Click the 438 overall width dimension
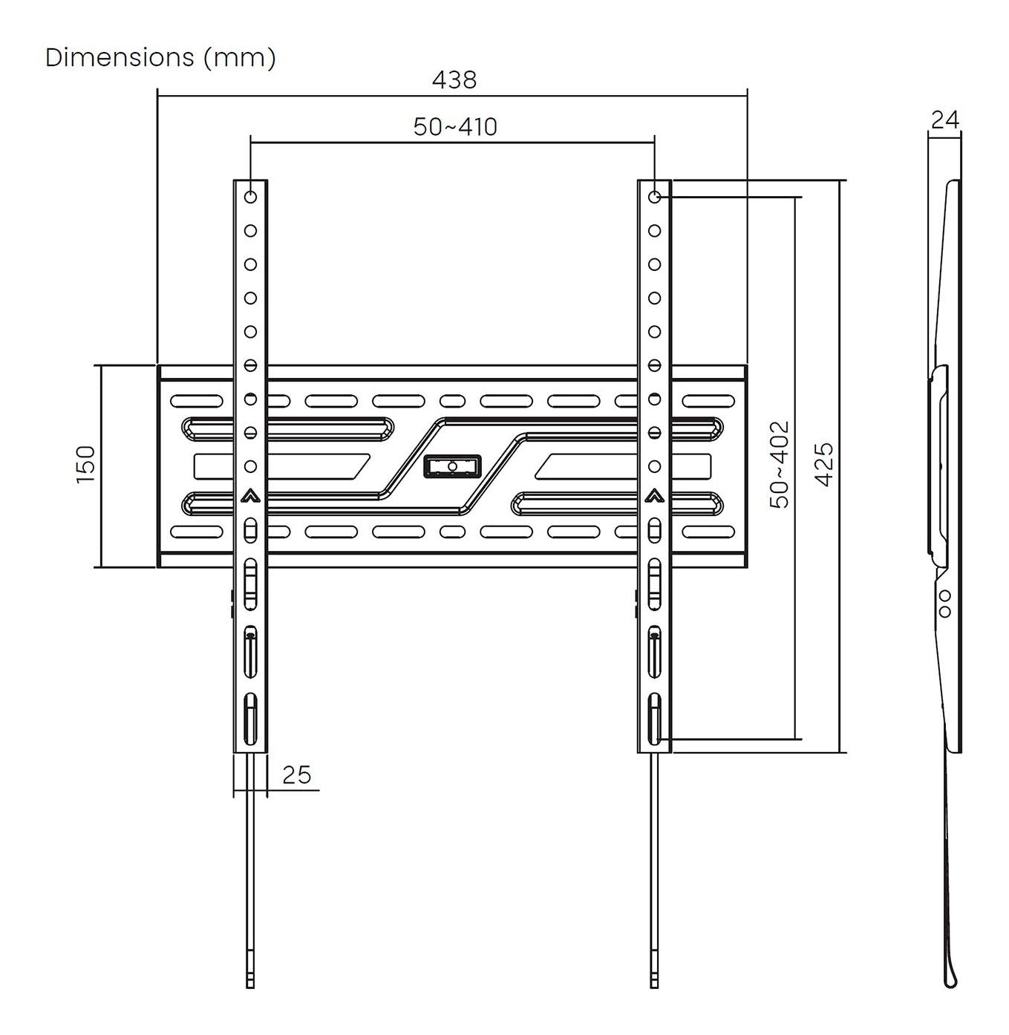click(x=454, y=80)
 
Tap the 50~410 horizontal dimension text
click(x=455, y=127)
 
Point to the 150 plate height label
click(x=85, y=464)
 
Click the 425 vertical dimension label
click(x=824, y=464)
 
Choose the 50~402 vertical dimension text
click(x=780, y=464)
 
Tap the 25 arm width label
click(x=296, y=775)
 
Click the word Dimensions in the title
click(x=120, y=57)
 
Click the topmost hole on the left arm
click(x=250, y=197)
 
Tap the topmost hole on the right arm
click(x=655, y=197)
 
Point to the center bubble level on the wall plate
click(x=452, y=466)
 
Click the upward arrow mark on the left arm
click(x=250, y=496)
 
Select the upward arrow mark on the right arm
click(x=655, y=496)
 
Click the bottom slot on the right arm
click(x=655, y=719)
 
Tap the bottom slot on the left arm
click(x=250, y=719)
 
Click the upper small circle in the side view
click(x=945, y=595)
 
